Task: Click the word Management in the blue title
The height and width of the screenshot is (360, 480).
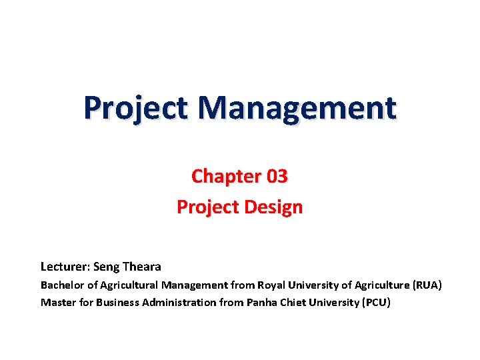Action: coord(297,107)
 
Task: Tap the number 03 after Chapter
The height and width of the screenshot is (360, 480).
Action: coord(277,177)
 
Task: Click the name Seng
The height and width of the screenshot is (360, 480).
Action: coord(107,267)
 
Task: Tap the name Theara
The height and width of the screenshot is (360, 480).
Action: coord(141,267)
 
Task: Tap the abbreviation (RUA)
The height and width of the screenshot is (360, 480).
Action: coord(427,285)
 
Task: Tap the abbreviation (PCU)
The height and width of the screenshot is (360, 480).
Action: coord(376,303)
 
